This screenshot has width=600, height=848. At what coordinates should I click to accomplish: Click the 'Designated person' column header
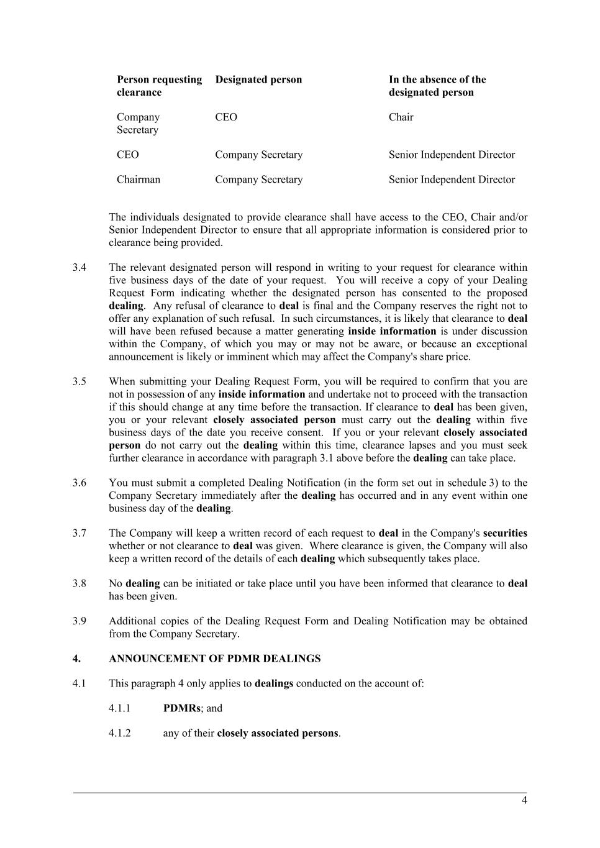click(x=258, y=80)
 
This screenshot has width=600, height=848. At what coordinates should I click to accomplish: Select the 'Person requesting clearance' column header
click(x=159, y=86)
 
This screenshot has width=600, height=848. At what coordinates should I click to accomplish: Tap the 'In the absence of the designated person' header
click(x=437, y=86)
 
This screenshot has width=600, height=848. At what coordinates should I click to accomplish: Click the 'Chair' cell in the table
click(x=401, y=117)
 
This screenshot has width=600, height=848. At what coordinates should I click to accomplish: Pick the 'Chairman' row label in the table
click(x=139, y=180)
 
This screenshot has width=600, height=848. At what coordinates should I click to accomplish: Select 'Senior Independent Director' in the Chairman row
click(x=452, y=180)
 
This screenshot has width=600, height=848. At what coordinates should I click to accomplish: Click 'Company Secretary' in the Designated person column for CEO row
click(x=258, y=155)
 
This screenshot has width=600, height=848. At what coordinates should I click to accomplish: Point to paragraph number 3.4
click(x=79, y=268)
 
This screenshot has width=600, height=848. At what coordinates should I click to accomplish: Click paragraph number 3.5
click(x=79, y=381)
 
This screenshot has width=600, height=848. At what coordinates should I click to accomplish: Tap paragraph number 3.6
click(x=79, y=483)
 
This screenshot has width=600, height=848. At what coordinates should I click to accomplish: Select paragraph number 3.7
click(x=79, y=533)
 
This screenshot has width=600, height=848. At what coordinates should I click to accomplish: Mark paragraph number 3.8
click(x=79, y=583)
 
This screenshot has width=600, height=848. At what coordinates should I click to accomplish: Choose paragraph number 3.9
click(x=79, y=621)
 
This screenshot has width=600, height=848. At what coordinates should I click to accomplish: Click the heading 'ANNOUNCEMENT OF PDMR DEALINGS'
click(x=214, y=659)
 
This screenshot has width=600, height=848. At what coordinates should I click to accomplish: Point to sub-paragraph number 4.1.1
click(x=120, y=708)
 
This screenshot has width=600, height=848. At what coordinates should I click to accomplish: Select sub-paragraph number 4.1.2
click(x=120, y=733)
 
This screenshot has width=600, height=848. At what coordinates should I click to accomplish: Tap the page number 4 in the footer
click(x=524, y=800)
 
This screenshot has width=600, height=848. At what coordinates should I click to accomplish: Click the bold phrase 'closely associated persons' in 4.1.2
click(x=278, y=733)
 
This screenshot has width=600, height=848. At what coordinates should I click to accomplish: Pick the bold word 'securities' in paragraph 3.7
click(x=505, y=533)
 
